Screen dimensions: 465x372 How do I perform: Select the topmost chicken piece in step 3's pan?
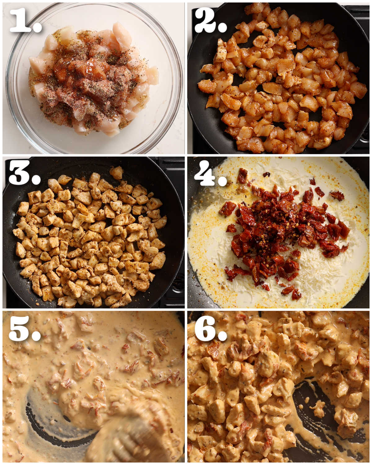[x=116, y=172]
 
